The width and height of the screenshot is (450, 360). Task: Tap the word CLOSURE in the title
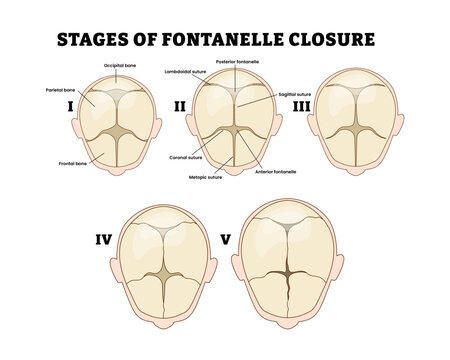pyautogui.click(x=327, y=41)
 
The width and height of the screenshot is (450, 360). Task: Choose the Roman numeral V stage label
pyautogui.click(x=225, y=240)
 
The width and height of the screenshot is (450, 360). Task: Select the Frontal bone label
pyautogui.click(x=56, y=163)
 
